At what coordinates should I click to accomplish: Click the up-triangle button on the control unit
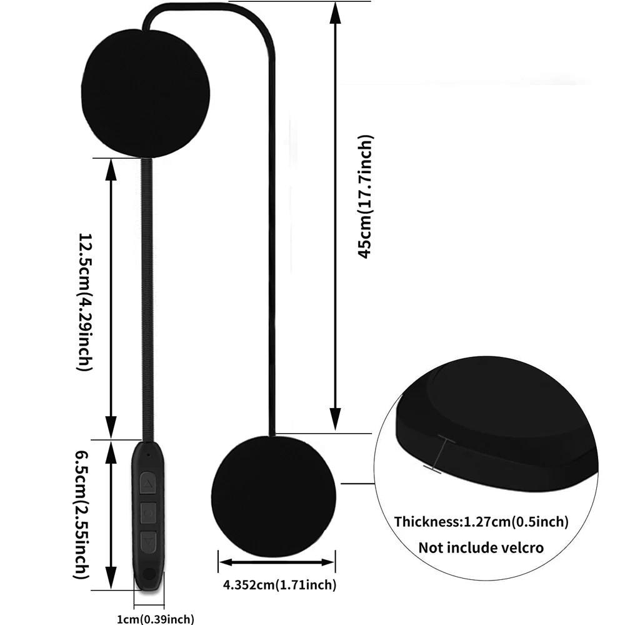click(x=149, y=482)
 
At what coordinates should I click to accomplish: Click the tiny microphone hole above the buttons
click(x=148, y=454)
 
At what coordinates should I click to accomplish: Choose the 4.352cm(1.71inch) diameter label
click(x=280, y=586)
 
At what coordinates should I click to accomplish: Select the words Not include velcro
click(x=481, y=548)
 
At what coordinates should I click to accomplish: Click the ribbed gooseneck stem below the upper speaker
click(x=148, y=294)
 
